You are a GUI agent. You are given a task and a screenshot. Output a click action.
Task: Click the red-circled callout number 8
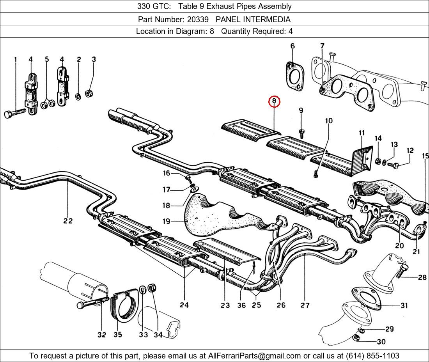point(274,101)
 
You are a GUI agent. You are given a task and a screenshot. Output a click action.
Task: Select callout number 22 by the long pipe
point(68,220)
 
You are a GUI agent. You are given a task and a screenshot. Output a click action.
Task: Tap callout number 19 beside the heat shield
point(166,221)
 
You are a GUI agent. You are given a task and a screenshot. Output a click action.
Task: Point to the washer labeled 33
point(143,289)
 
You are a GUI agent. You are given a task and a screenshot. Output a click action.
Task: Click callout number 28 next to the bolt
point(422,278)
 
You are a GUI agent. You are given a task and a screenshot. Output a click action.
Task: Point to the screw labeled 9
point(301,133)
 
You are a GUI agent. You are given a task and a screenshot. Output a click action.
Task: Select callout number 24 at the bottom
point(184,305)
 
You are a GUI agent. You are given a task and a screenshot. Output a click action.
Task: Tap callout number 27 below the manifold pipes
point(305,305)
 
